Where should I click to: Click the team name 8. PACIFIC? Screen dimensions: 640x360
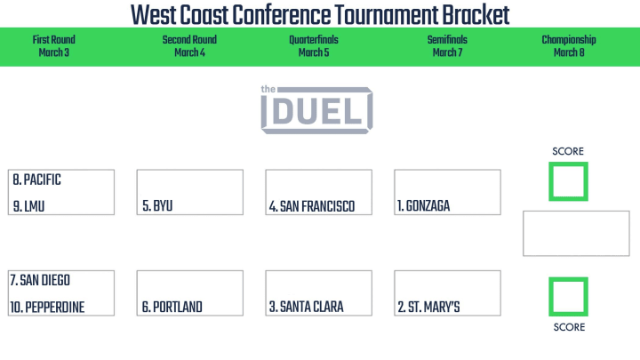pyautogui.click(x=36, y=180)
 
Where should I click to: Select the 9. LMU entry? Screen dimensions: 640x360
pyautogui.click(x=28, y=206)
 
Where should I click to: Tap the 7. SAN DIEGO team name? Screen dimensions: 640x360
pyautogui.click(x=40, y=280)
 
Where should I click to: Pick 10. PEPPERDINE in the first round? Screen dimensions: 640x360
pyautogui.click(x=47, y=308)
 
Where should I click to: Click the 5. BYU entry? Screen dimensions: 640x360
pyautogui.click(x=157, y=205)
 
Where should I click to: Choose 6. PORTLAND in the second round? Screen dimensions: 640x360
pyautogui.click(x=172, y=307)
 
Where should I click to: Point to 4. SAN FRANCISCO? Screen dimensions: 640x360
pyautogui.click(x=312, y=206)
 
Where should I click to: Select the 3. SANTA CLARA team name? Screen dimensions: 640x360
pyautogui.click(x=306, y=307)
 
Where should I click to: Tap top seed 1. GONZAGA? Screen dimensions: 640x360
pyautogui.click(x=424, y=206)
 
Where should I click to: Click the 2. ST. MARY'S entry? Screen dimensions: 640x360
pyautogui.click(x=428, y=307)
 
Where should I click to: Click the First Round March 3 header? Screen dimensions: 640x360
pyautogui.click(x=54, y=46)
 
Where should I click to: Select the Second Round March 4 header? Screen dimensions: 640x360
pyautogui.click(x=189, y=46)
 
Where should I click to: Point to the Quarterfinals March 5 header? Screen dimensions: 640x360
pyautogui.click(x=314, y=46)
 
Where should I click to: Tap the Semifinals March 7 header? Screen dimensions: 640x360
pyautogui.click(x=447, y=46)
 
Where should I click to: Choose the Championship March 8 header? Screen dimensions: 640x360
pyautogui.click(x=569, y=46)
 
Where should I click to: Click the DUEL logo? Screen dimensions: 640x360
pyautogui.click(x=316, y=109)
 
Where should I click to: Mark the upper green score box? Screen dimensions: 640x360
pyautogui.click(x=550, y=181)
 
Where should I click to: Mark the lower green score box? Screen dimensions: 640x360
pyautogui.click(x=550, y=297)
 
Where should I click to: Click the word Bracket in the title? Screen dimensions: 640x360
pyautogui.click(x=476, y=15)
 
